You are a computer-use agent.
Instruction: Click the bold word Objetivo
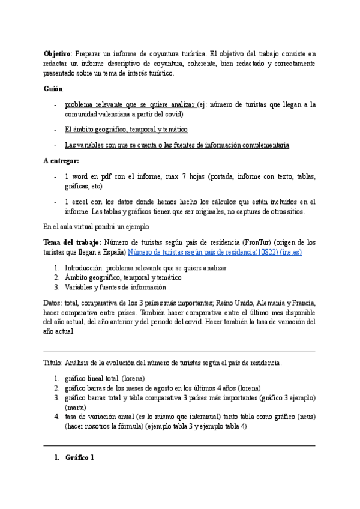57,53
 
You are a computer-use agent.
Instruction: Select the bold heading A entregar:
61,161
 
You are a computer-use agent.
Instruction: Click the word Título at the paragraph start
52,363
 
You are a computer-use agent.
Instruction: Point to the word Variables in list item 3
80,288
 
